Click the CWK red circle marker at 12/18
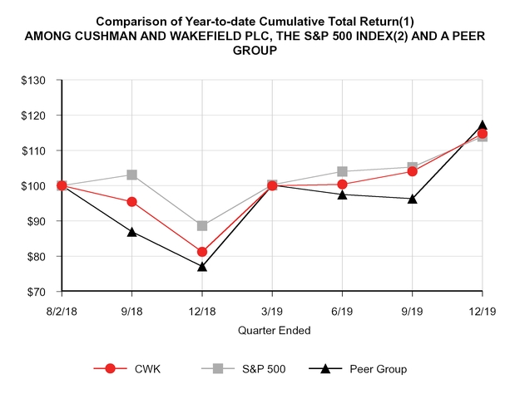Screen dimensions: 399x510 202,251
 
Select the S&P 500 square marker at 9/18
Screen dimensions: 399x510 131,175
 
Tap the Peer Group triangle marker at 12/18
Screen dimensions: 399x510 202,266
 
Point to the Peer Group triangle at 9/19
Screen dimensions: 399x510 412,199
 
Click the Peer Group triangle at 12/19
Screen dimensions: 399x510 483,126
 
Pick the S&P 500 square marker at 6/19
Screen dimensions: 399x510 342,171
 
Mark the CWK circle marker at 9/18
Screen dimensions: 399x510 131,201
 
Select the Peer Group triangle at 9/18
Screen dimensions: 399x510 131,231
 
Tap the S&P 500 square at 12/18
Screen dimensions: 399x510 202,225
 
